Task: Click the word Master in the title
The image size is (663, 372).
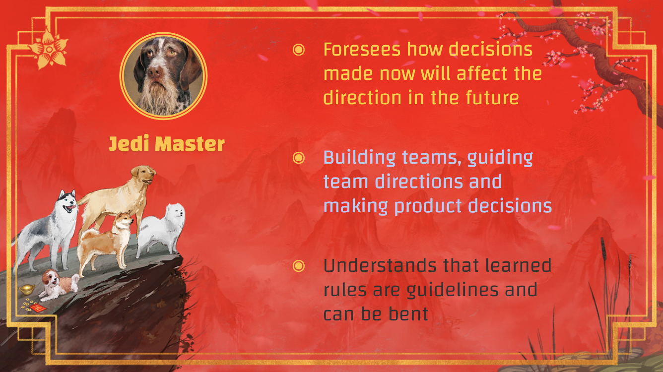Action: click(190, 144)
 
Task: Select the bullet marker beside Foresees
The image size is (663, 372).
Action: click(299, 50)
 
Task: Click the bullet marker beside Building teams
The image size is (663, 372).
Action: click(299, 158)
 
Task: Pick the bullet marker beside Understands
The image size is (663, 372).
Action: click(299, 266)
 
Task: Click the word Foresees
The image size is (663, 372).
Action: click(362, 49)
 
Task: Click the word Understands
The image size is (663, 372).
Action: click(380, 265)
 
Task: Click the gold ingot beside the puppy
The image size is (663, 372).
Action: click(27, 289)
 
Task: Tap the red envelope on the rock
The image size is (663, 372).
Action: click(39, 309)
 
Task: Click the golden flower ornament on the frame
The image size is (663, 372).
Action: click(49, 48)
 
